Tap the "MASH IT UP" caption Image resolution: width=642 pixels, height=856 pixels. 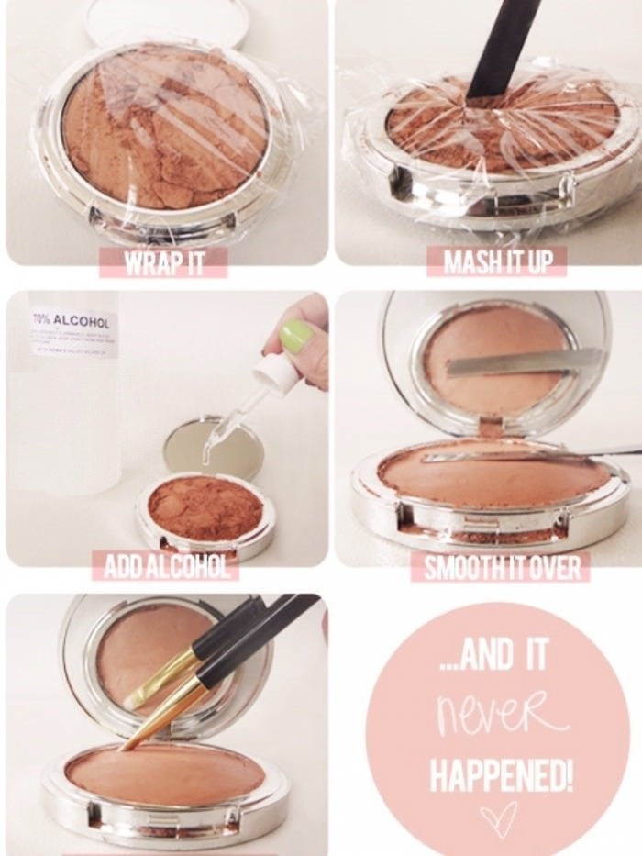coord(497,263)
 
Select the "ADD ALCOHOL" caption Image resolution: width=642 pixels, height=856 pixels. coord(166,567)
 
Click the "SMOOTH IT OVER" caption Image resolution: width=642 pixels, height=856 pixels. coord(502,568)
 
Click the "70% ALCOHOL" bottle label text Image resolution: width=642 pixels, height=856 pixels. coord(71,322)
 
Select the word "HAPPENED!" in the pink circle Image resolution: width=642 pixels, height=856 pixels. coord(503,776)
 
